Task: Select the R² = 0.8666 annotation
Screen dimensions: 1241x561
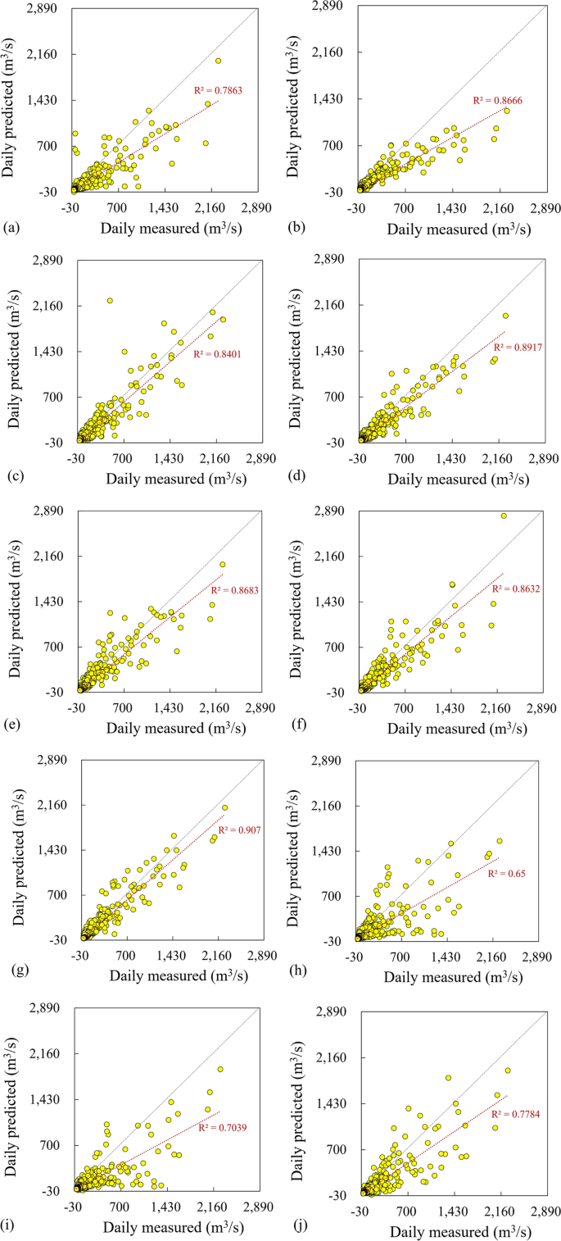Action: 497,100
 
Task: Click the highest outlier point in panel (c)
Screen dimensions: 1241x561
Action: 110,301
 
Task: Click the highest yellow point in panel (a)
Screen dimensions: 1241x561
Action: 218,61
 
